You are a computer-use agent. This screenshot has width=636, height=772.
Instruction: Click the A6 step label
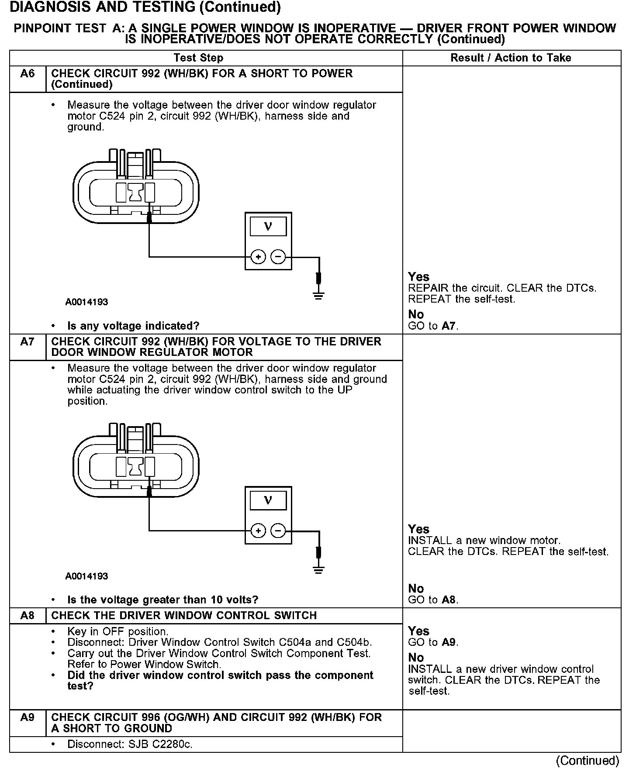pos(27,73)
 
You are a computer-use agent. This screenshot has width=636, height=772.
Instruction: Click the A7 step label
pos(27,341)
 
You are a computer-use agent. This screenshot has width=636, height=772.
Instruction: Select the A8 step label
pos(27,615)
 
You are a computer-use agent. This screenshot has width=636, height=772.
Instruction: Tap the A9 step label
pos(27,717)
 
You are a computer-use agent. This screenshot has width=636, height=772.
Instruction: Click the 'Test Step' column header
pos(198,58)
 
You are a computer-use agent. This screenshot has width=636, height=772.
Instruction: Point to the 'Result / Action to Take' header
pos(511,58)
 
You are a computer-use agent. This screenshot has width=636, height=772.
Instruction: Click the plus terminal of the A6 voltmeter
pos(258,257)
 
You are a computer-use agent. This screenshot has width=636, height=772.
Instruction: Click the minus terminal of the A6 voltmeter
pos(278,257)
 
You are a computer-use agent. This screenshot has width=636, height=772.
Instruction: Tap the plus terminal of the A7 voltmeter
pos(258,531)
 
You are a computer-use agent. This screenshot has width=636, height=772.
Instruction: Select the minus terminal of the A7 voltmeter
pos(278,531)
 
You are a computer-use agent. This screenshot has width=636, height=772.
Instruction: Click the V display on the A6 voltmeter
pos(268,227)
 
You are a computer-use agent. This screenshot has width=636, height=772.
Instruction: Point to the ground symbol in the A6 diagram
pos(319,296)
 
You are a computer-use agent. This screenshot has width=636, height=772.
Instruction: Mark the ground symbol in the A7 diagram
pos(319,570)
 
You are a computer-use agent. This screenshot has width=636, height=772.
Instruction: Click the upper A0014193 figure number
pos(86,302)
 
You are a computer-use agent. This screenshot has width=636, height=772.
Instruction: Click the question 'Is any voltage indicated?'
pos(133,326)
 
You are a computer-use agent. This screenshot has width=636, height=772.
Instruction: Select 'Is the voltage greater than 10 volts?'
pos(162,600)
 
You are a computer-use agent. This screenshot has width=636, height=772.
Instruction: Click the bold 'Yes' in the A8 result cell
pos(418,631)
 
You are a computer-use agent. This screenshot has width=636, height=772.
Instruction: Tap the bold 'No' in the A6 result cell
pos(416,314)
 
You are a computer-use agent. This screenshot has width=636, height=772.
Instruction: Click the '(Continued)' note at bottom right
pos(588,761)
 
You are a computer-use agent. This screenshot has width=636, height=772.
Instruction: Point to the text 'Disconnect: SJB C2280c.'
pos(130,744)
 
